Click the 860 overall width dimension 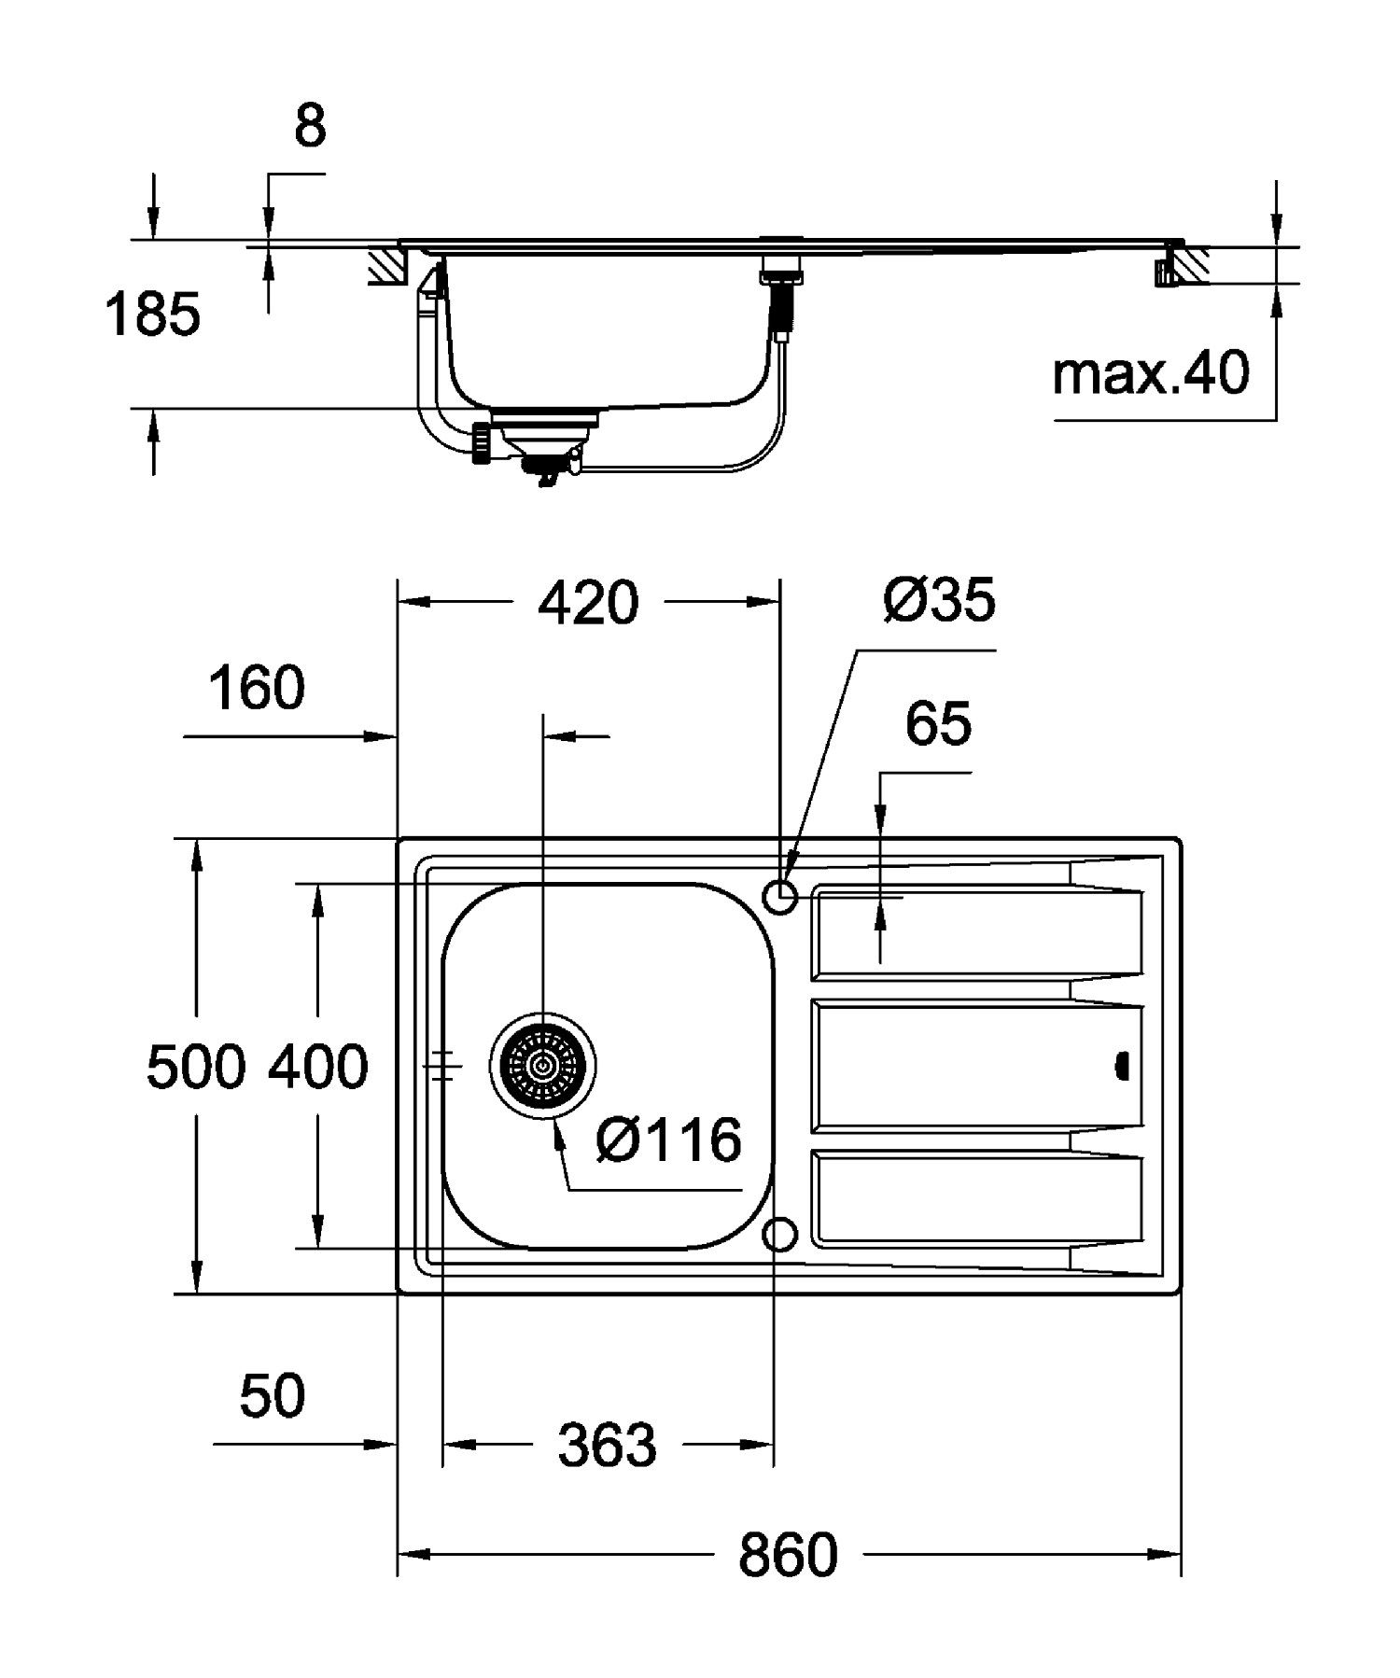(788, 1555)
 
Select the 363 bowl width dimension (608, 1446)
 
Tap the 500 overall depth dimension (196, 1067)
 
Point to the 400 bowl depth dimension (318, 1067)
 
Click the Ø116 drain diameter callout (668, 1140)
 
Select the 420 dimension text (589, 603)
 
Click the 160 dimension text (256, 689)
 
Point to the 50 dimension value (272, 1397)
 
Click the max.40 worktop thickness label (1150, 374)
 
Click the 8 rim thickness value (310, 127)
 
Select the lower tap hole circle (780, 1235)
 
